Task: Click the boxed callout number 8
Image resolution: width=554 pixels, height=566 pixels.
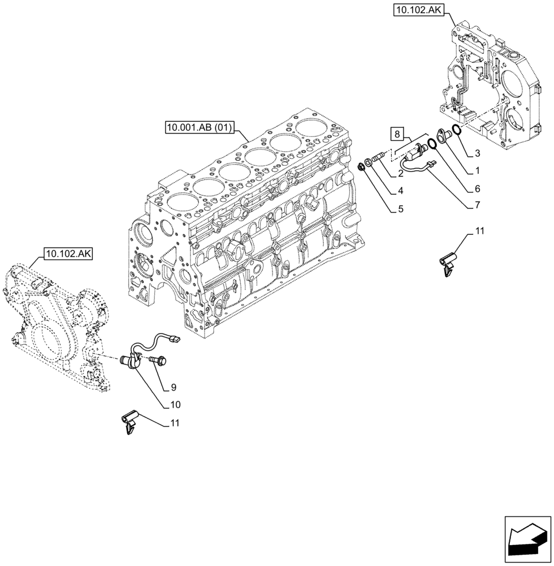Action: (398, 135)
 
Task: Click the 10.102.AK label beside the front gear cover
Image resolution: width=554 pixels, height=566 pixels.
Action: (66, 254)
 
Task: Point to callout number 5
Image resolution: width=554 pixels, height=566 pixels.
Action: (401, 209)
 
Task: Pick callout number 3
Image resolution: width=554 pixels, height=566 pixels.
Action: (478, 153)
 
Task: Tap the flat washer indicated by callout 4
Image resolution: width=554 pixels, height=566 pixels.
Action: (369, 163)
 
